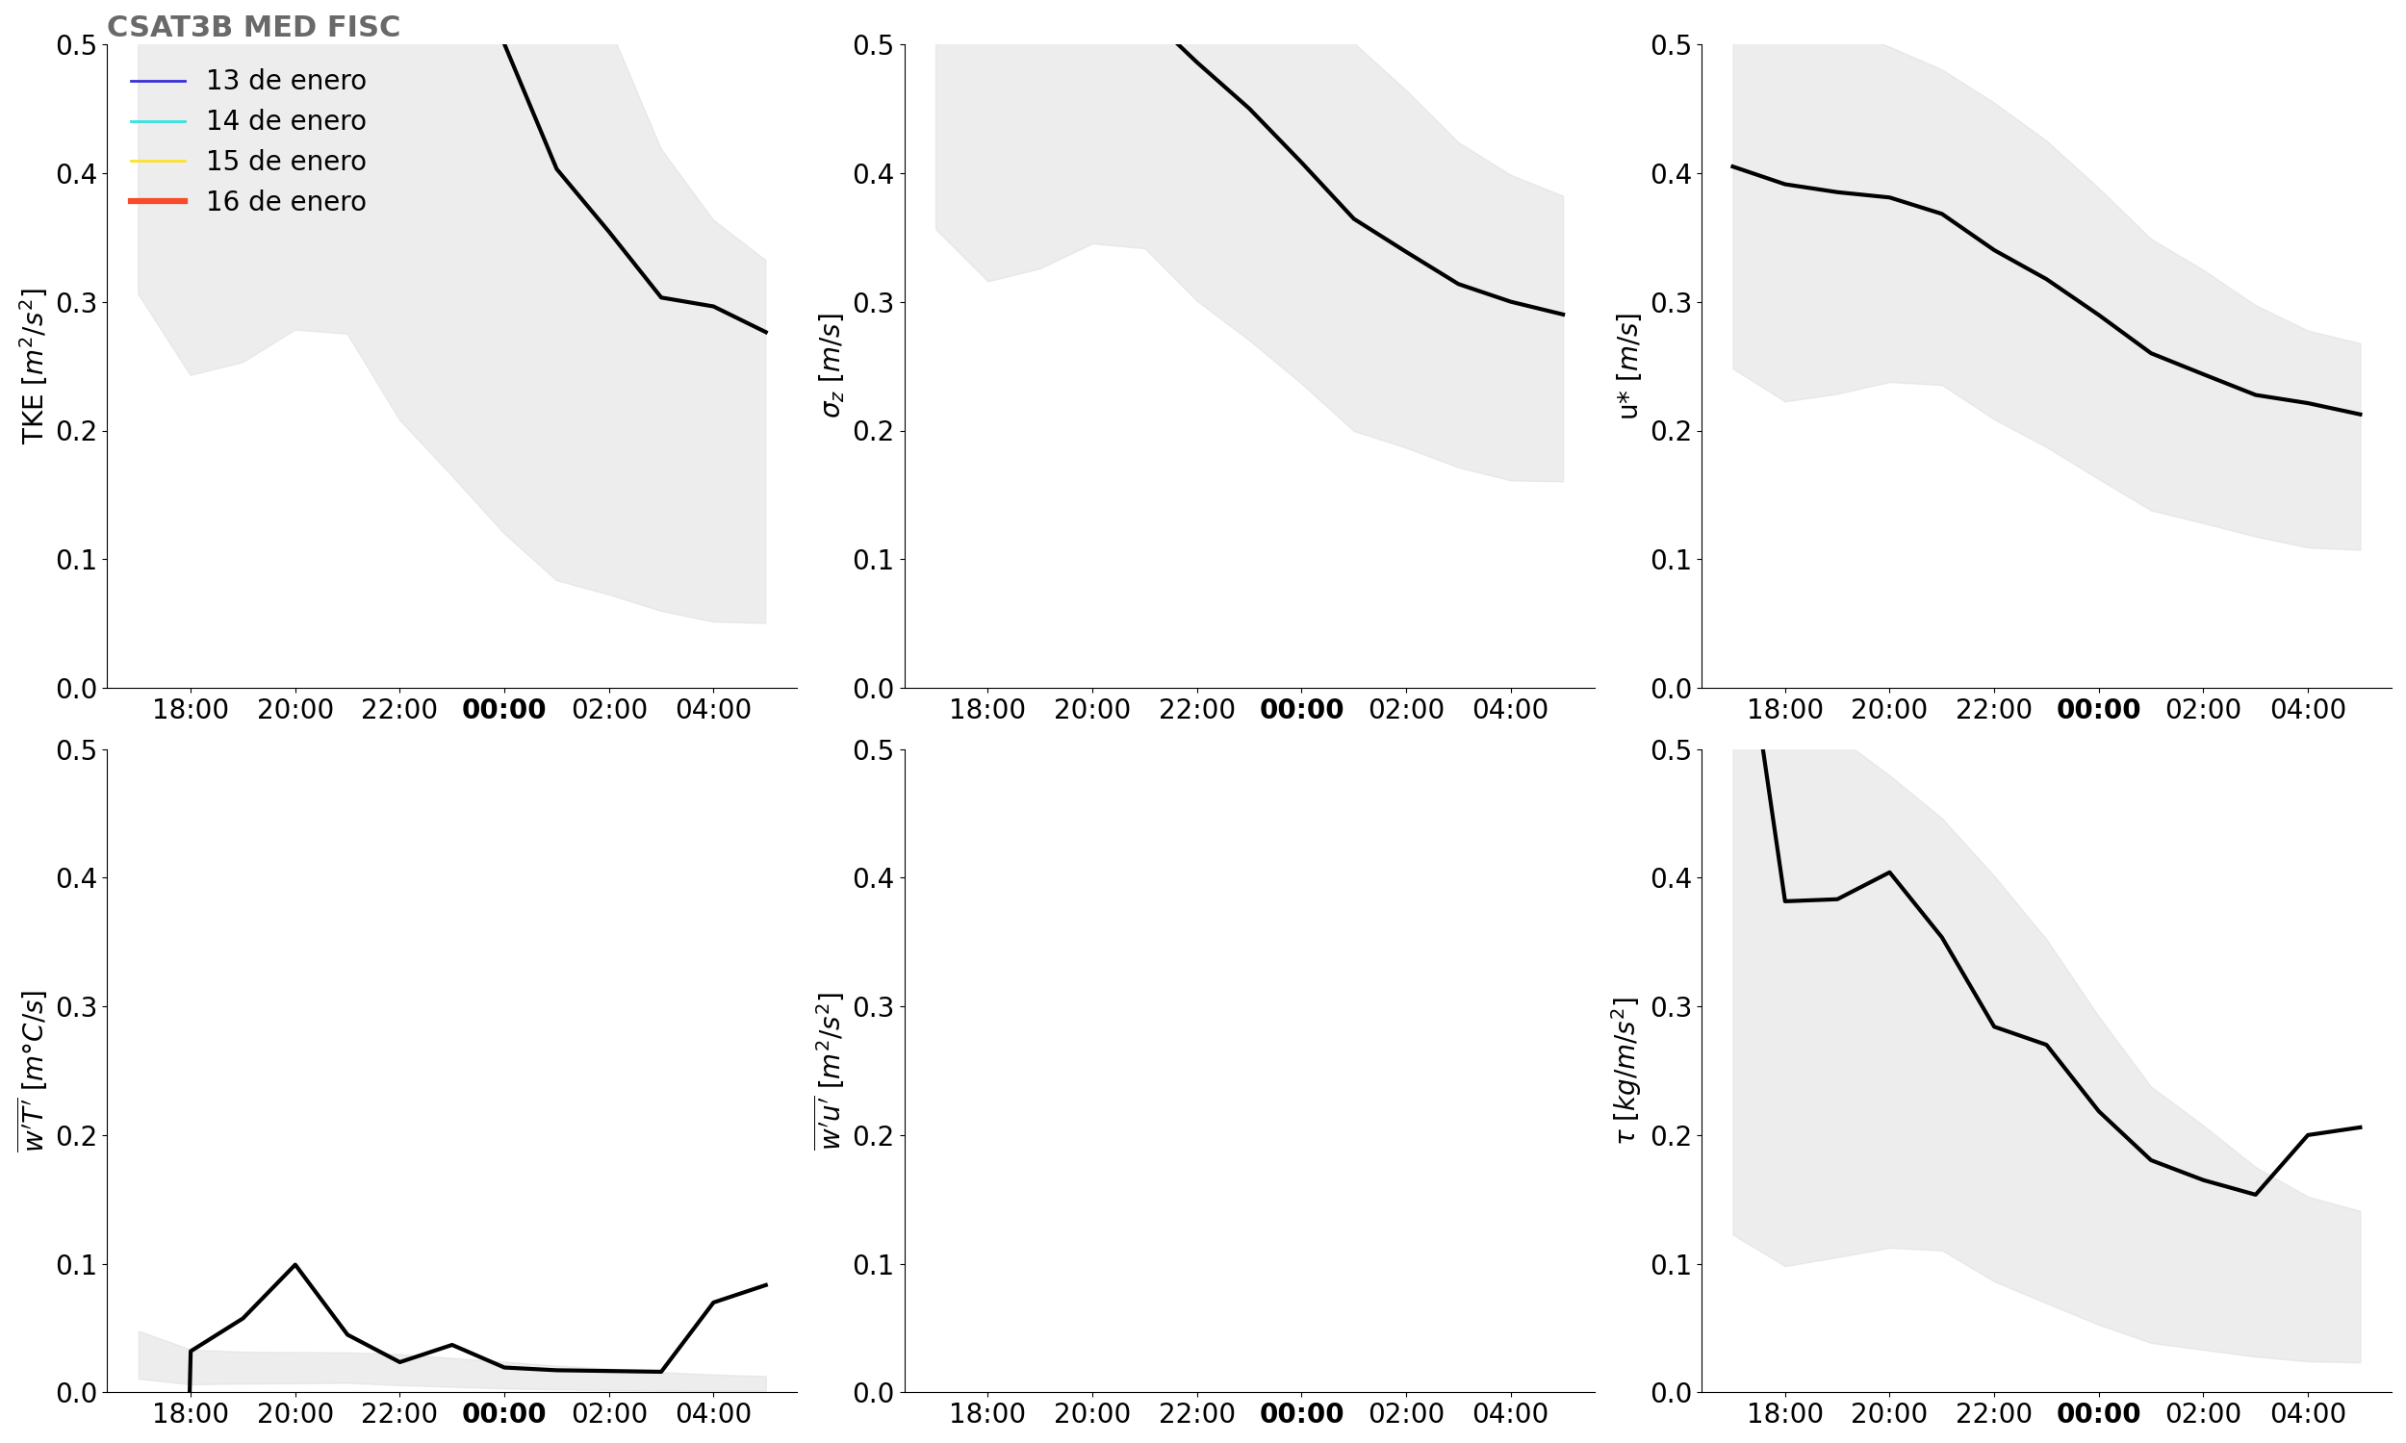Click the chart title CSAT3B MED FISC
(253, 26)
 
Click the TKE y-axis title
(33, 366)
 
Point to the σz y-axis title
(831, 366)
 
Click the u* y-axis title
(1628, 366)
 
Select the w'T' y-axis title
(33, 1071)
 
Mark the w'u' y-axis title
(831, 1071)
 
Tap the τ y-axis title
(1625, 1071)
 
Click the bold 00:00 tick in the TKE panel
(503, 710)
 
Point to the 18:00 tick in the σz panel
(987, 710)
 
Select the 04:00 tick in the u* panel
(2308, 710)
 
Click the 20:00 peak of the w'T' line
(294, 1264)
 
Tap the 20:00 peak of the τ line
(1889, 873)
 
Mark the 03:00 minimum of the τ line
(2255, 1194)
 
